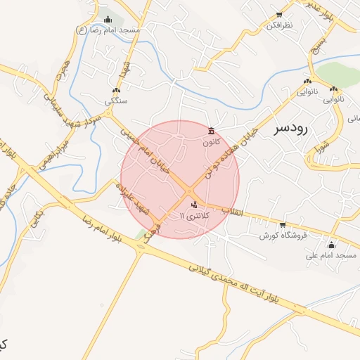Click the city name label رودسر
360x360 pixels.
290,128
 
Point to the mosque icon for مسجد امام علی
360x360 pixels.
331,245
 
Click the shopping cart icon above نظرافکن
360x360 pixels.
279,15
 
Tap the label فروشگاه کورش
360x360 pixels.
283,235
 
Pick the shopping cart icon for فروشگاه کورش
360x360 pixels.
283,225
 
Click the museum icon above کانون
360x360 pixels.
212,131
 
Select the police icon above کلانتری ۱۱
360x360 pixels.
194,205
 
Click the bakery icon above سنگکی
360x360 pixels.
116,91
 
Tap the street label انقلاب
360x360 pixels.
231,211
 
